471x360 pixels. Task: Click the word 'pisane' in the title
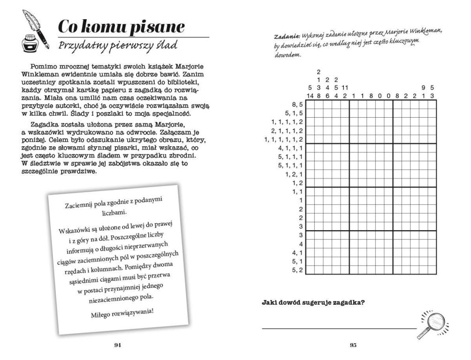(157, 28)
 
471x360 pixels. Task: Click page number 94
(118, 345)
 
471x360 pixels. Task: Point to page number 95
(354, 345)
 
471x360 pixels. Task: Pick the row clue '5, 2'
(297, 270)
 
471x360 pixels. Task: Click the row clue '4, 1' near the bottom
(297, 253)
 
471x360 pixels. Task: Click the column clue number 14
(310, 96)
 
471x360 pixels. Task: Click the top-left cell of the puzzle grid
(311, 105)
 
